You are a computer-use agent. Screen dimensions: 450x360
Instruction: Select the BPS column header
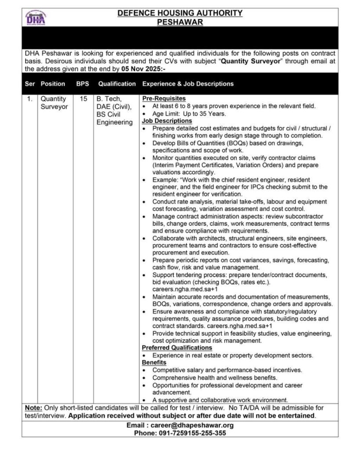pos(82,83)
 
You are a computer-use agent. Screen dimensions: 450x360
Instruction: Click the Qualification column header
pos(117,83)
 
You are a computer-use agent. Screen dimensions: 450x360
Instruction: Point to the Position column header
pos(53,83)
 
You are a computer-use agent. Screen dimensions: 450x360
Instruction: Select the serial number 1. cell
pos(29,99)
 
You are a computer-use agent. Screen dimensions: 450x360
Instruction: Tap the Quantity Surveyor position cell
pos(54,103)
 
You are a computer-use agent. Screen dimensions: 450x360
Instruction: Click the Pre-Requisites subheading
pos(164,98)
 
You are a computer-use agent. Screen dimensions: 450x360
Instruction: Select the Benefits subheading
pos(153,363)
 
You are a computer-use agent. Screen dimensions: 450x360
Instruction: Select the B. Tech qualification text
pos(108,99)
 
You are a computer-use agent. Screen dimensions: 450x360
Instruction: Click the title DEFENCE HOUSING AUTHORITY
pos(180,14)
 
